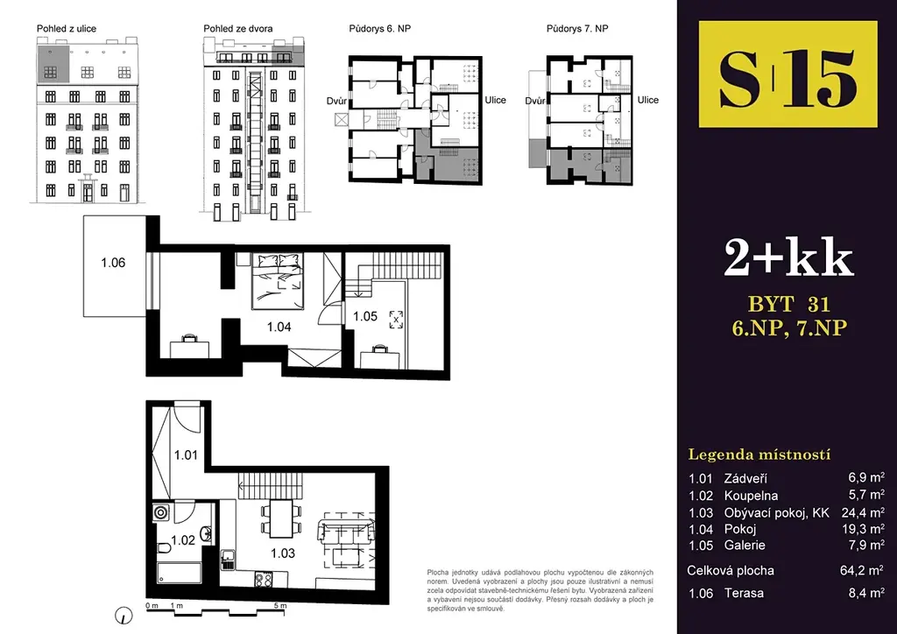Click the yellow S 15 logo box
click(788, 74)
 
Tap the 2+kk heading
click(788, 257)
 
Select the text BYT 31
click(789, 303)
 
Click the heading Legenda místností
click(759, 454)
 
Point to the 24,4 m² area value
click(863, 512)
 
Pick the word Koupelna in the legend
click(751, 496)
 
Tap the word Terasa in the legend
click(744, 593)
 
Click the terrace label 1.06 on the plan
click(113, 263)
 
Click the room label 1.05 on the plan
click(365, 316)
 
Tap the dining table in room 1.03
click(281, 518)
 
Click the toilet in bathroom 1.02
click(164, 549)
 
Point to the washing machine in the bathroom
click(161, 511)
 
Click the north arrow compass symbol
click(124, 615)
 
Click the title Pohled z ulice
click(67, 29)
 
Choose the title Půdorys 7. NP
click(577, 29)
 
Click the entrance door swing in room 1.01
click(187, 416)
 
